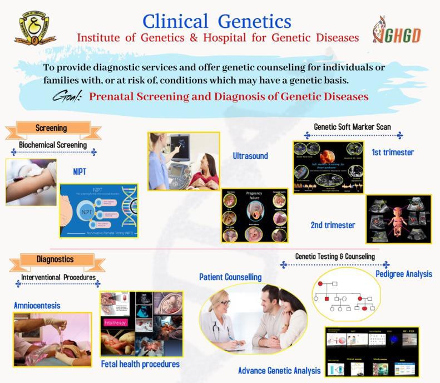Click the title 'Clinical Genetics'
click(217, 21)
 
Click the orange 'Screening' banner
click(51, 129)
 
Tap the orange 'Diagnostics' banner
click(55, 259)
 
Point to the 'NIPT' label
click(80, 171)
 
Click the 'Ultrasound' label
click(250, 156)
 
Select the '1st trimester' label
click(393, 152)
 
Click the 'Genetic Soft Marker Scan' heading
click(352, 127)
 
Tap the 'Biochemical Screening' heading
click(53, 145)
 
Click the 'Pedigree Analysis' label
click(403, 274)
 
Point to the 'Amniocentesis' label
click(37, 306)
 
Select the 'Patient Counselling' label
click(230, 277)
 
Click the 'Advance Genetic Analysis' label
click(279, 370)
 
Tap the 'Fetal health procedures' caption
click(140, 364)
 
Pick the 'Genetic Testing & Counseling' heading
click(335, 257)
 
